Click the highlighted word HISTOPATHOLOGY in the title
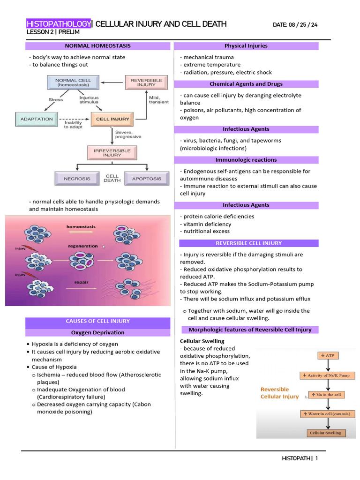(x=59, y=24)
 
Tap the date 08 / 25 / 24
(x=295, y=24)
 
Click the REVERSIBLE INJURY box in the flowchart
(x=146, y=83)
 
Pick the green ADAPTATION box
(x=37, y=119)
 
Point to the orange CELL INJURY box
(x=112, y=119)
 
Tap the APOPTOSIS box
(x=146, y=179)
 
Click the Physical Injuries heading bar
(x=246, y=46)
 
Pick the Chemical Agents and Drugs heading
(x=246, y=84)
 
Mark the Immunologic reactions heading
(x=246, y=160)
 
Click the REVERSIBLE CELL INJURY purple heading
(x=248, y=243)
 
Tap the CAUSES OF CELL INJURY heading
(x=97, y=321)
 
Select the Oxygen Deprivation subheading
(x=97, y=332)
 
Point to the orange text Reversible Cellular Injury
(x=279, y=393)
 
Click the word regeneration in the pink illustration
(x=83, y=246)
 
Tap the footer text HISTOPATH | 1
(x=300, y=458)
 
